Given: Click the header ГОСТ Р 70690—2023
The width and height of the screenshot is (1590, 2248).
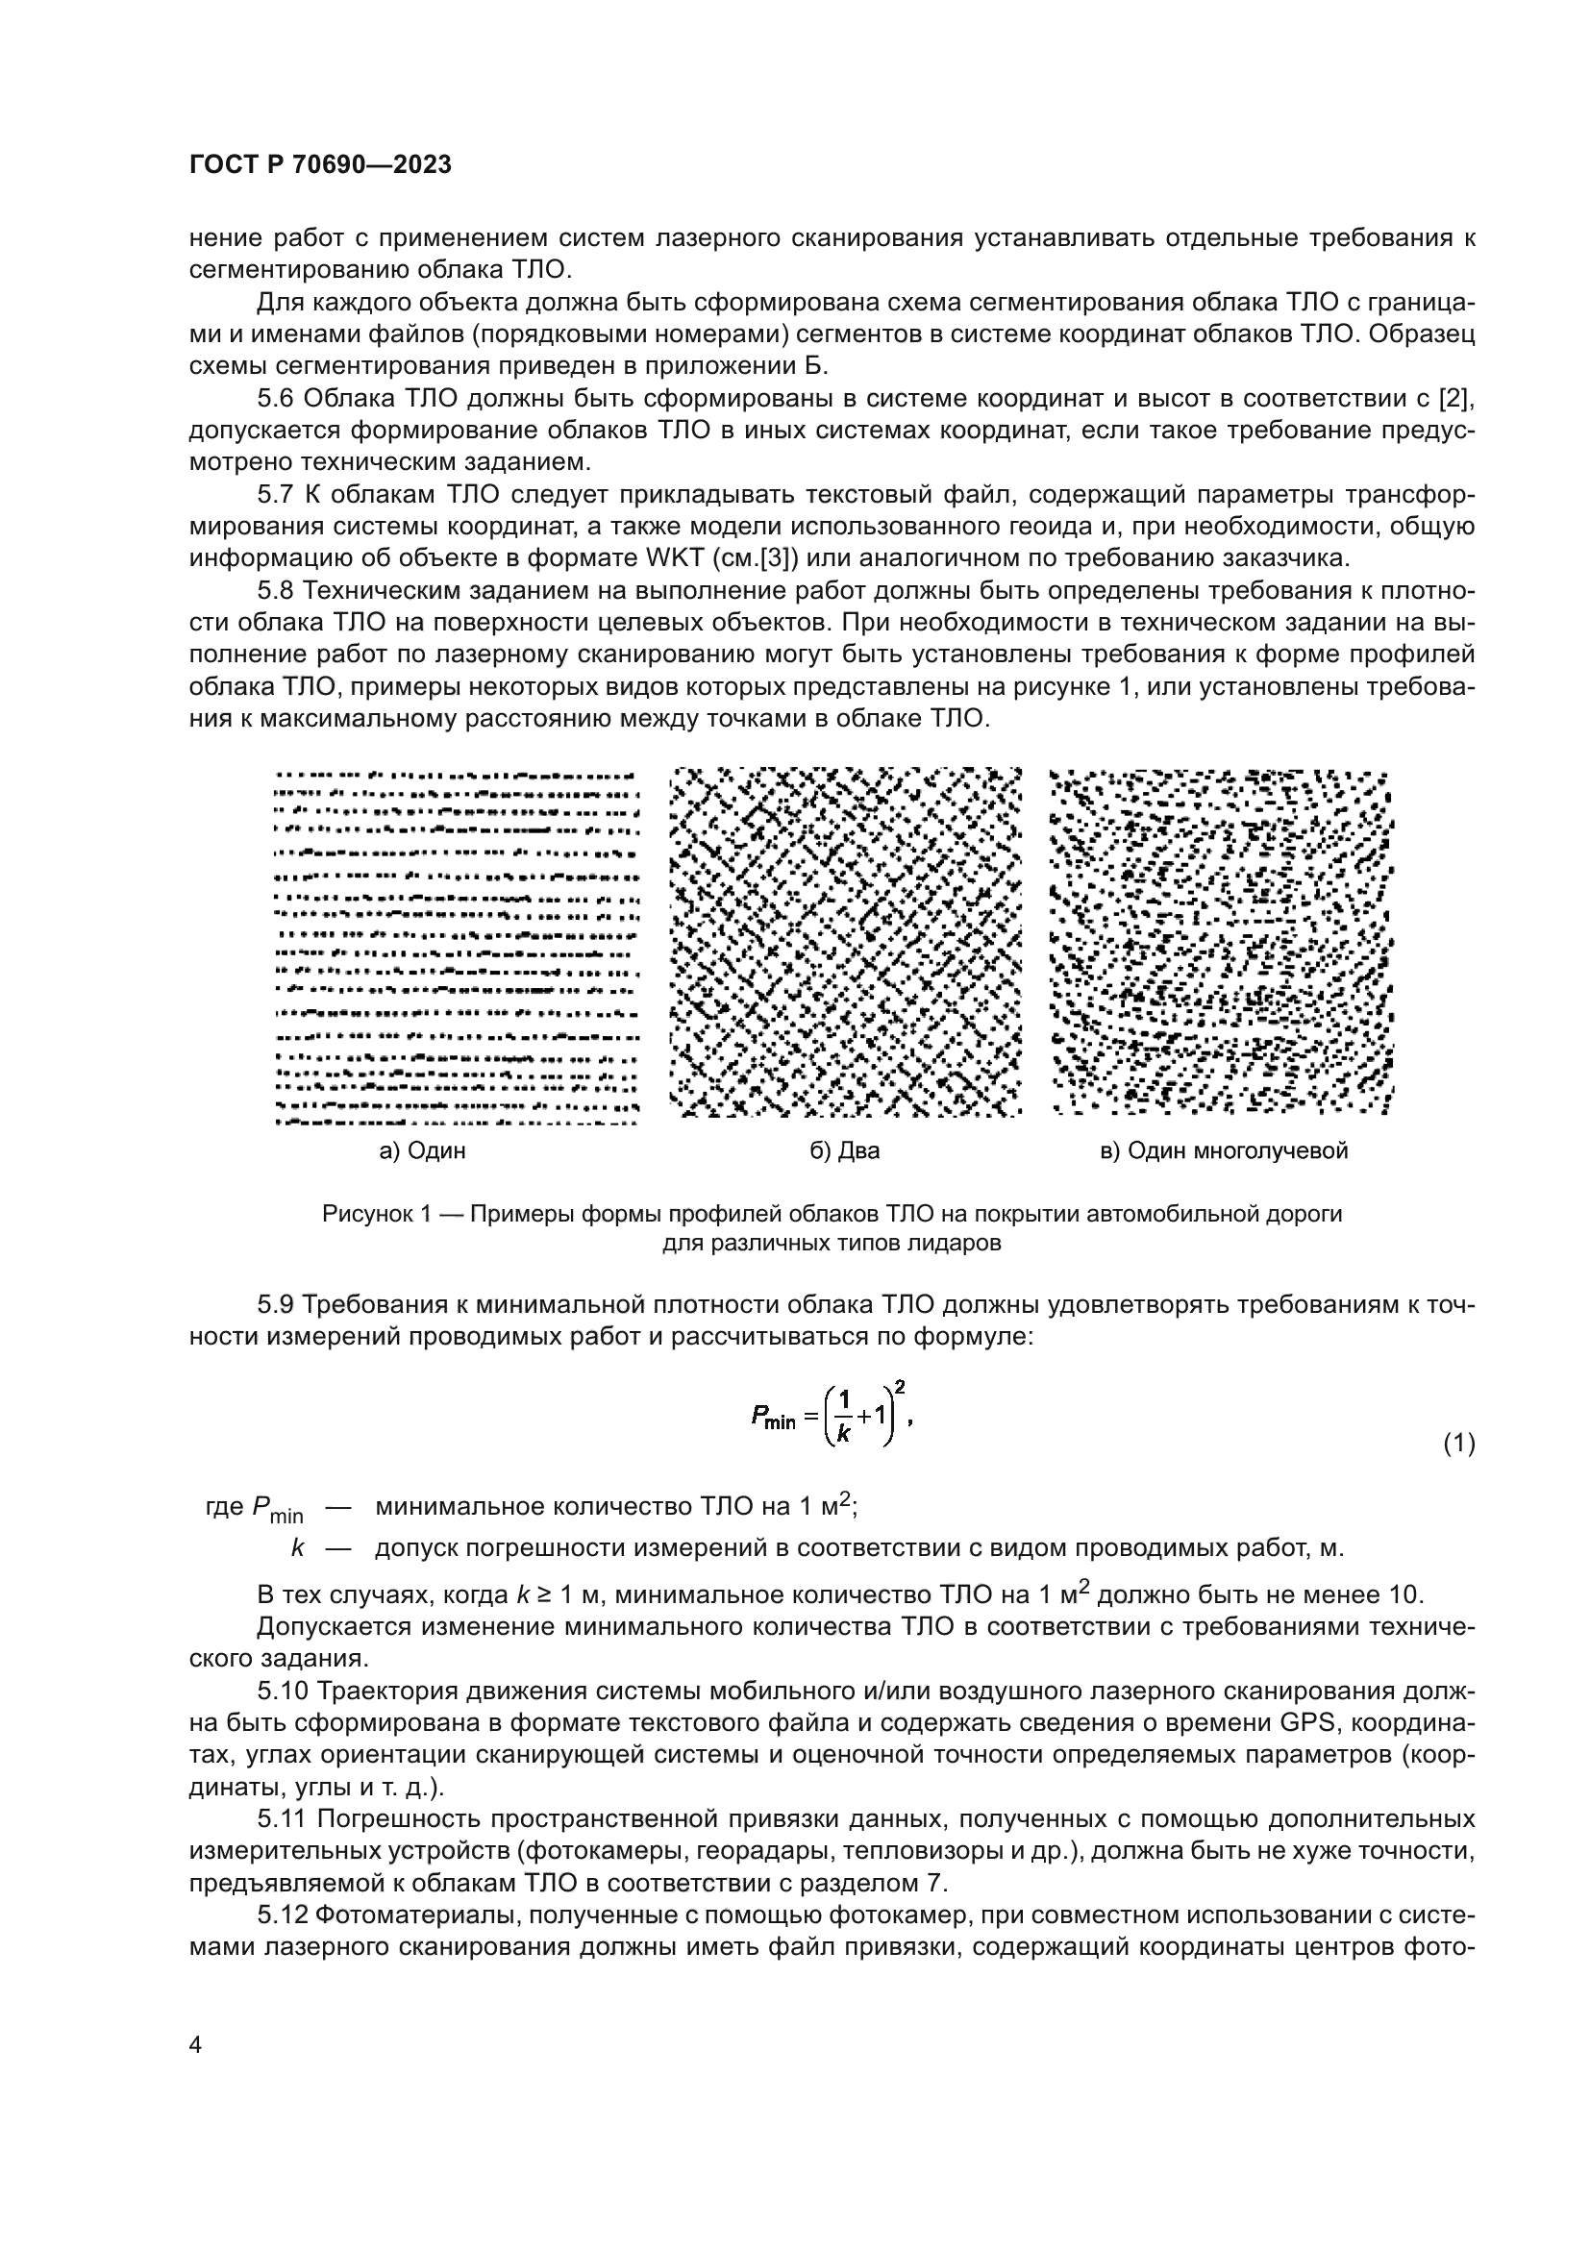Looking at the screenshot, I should tap(320, 164).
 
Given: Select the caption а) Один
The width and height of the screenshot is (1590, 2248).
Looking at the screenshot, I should tap(422, 1150).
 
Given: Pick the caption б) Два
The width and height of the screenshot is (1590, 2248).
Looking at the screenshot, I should tap(844, 1150).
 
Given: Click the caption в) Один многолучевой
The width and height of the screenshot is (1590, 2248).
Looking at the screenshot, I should tap(1224, 1150).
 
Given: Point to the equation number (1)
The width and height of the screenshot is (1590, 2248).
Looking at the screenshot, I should tap(1459, 1444).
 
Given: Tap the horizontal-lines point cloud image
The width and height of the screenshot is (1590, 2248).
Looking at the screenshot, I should tap(457, 946).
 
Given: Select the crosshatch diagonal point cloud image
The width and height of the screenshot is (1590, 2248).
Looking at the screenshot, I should tap(846, 942).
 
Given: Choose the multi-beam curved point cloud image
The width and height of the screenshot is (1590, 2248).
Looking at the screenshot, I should tap(1221, 942).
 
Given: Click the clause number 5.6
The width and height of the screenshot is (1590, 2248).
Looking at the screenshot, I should tap(276, 399).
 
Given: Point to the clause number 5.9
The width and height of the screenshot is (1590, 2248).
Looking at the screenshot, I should tap(276, 1305).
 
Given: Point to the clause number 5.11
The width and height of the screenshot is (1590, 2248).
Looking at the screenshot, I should tap(283, 1819).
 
